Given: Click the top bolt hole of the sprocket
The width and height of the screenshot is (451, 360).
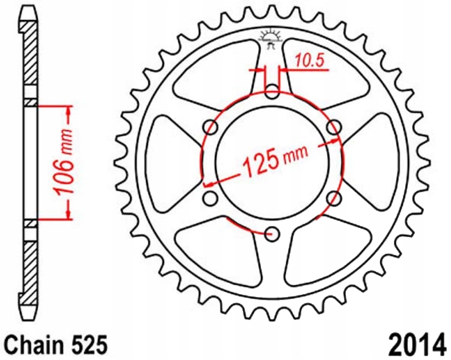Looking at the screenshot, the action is coord(272,92).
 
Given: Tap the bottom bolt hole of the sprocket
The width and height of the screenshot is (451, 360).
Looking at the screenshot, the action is coord(272,234).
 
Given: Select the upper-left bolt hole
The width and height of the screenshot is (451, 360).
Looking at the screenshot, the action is coord(211,127).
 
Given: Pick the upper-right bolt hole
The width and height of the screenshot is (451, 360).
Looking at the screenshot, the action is coord(334,127).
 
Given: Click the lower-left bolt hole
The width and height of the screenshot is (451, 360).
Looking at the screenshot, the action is coord(211,198).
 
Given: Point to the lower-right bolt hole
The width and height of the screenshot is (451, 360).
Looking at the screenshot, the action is coord(334,198).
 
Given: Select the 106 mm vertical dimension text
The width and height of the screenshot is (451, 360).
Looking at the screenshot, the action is coord(64,162).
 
